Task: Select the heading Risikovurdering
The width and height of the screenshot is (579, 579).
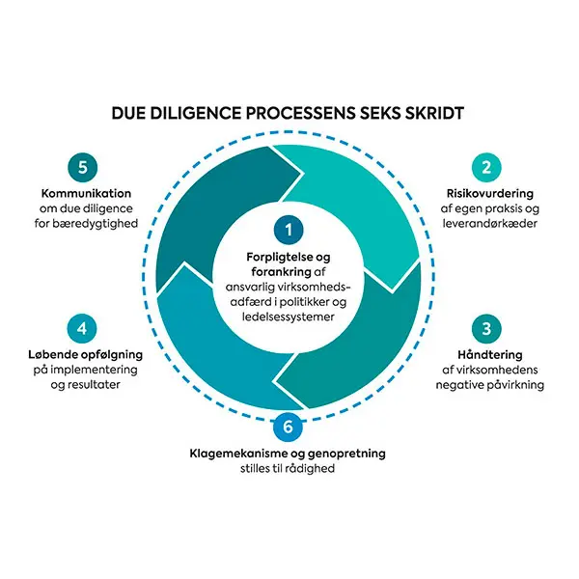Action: click(x=490, y=193)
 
